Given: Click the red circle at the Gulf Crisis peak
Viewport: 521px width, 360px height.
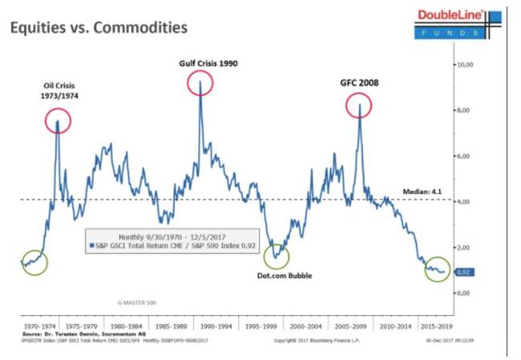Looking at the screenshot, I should click(200, 83).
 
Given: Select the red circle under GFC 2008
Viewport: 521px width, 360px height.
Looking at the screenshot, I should click(360, 105).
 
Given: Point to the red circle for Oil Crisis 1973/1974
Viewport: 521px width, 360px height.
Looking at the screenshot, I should click(58, 120).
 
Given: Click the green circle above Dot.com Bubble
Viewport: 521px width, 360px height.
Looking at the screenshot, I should click(278, 254).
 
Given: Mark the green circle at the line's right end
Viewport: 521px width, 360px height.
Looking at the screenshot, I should click(438, 269).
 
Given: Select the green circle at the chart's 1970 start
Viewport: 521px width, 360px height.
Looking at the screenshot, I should click(34, 261).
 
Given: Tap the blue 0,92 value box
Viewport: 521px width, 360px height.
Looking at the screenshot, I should click(464, 272).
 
